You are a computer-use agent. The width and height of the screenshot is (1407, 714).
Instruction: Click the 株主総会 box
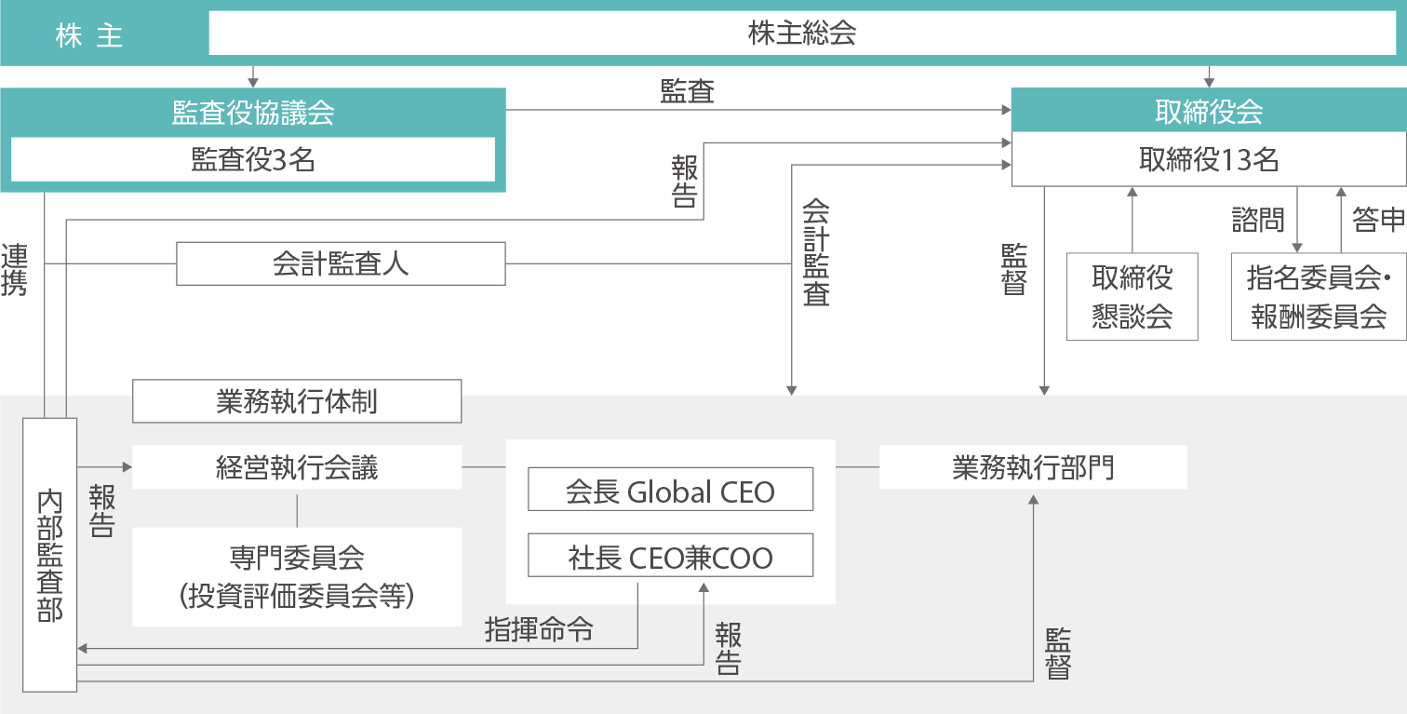(x=802, y=34)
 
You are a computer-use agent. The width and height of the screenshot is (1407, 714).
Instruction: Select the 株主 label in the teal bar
(x=89, y=37)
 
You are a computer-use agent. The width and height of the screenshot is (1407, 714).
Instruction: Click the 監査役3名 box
(x=253, y=160)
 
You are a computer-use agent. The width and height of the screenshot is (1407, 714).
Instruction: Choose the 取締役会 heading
(x=1209, y=113)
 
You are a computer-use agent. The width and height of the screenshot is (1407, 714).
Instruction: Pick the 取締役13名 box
(x=1209, y=161)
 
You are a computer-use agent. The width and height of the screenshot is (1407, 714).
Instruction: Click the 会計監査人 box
(x=341, y=263)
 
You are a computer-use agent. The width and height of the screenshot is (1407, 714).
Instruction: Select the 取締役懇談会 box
(x=1132, y=296)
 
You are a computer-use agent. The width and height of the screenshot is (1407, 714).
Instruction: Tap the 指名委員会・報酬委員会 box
(x=1318, y=296)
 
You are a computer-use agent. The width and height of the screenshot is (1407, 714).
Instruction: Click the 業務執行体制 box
(x=297, y=401)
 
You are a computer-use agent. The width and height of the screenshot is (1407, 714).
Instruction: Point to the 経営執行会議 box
(x=297, y=467)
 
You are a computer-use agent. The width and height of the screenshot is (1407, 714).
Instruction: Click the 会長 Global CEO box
(x=670, y=490)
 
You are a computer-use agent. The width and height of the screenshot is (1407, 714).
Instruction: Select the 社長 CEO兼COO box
(x=670, y=557)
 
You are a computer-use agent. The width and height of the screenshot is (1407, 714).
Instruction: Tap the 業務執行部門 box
(x=1033, y=467)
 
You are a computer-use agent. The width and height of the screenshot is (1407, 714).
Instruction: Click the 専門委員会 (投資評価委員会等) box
(x=297, y=577)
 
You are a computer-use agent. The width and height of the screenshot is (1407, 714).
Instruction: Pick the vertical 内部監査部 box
(x=50, y=554)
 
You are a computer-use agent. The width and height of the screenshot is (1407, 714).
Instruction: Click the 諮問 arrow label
(x=1257, y=221)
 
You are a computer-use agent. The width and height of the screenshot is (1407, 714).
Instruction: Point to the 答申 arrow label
(x=1378, y=221)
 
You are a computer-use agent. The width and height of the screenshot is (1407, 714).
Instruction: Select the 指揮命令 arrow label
(x=539, y=630)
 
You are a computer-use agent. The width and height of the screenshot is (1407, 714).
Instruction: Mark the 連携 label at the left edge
(x=15, y=269)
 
